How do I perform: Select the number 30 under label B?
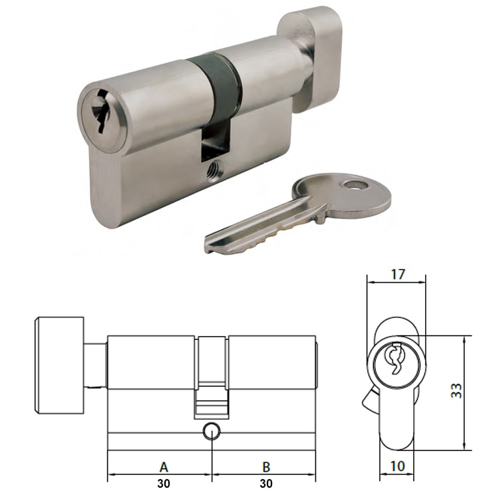tap(265, 484)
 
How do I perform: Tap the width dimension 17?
tap(397, 273)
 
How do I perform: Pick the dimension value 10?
tap(398, 466)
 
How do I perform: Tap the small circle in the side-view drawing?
tap(212, 431)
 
